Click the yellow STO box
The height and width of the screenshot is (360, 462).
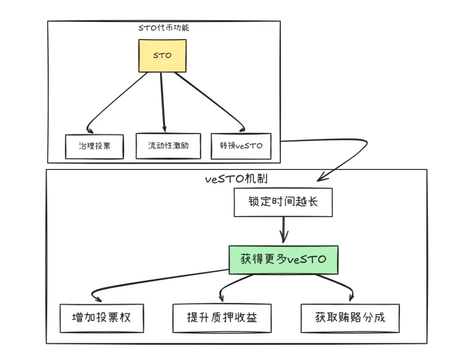(161, 55)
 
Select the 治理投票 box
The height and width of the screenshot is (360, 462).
(94, 146)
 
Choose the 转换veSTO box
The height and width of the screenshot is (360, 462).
(240, 146)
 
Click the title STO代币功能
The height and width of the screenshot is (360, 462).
(163, 28)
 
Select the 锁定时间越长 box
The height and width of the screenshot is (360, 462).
(283, 203)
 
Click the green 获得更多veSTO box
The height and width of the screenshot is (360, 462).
(283, 259)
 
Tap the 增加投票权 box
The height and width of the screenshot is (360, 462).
(101, 317)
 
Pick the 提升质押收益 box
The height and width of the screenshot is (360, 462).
(221, 317)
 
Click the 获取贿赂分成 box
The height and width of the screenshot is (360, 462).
(350, 317)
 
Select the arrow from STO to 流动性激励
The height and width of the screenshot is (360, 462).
(163, 100)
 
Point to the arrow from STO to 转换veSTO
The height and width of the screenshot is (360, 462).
(210, 100)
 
